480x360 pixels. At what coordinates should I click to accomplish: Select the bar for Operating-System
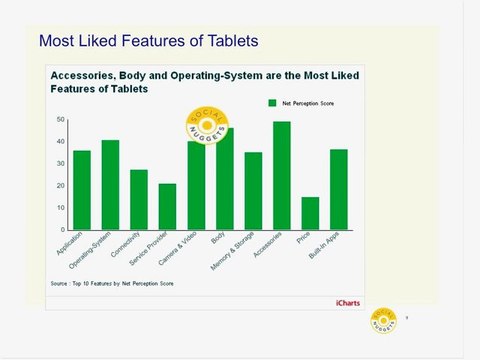(110, 185)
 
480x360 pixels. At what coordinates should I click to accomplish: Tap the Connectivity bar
(139, 200)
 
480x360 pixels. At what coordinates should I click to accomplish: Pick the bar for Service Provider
(167, 207)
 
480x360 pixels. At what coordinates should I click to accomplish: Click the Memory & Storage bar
(253, 191)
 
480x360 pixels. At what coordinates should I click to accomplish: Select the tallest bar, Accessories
(282, 176)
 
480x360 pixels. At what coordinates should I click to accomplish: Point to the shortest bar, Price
(310, 213)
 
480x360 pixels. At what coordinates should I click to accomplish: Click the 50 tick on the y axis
(61, 120)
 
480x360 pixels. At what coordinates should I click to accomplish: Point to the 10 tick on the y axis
(61, 208)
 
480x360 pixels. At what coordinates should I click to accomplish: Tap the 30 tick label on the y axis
(61, 164)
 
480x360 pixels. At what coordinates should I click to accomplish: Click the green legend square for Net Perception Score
(272, 102)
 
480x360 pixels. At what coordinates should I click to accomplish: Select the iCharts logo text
(348, 301)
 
